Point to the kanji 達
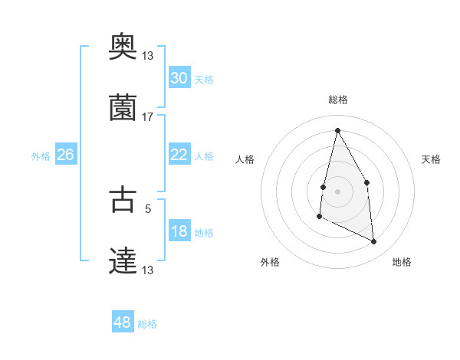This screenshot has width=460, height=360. click(123, 260)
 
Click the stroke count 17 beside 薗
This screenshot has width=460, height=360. click(148, 116)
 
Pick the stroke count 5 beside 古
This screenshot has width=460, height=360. click(148, 207)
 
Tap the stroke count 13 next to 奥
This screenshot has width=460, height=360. click(148, 55)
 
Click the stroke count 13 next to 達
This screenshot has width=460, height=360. click(148, 270)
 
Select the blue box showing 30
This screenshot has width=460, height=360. click(179, 78)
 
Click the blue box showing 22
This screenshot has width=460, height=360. click(179, 155)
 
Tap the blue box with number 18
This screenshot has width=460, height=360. click(179, 231)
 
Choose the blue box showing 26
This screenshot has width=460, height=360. click(66, 155)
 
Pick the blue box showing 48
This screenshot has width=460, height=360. click(123, 322)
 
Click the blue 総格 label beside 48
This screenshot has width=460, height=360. click(147, 324)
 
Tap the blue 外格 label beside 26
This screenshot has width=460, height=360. click(41, 156)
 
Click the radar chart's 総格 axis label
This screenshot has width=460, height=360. click(337, 100)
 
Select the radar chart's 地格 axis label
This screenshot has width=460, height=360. click(402, 262)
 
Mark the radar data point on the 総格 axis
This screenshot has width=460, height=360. click(337, 130)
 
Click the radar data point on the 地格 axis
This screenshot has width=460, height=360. click(374, 241)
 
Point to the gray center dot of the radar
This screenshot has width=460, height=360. click(337, 191)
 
